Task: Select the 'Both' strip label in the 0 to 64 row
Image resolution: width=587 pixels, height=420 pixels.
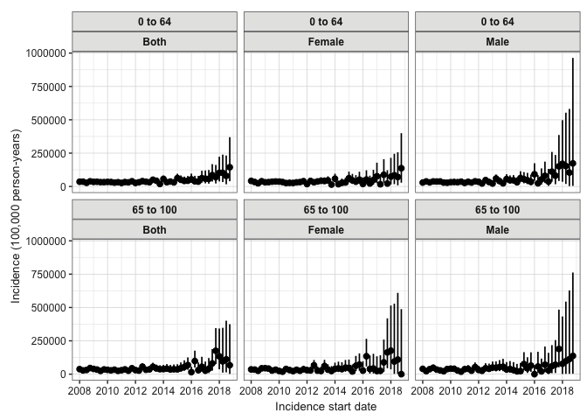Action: pyautogui.click(x=155, y=41)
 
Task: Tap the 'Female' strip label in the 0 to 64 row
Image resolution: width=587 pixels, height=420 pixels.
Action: pyautogui.click(x=326, y=41)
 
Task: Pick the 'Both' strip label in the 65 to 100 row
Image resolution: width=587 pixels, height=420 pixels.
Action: pyautogui.click(x=155, y=229)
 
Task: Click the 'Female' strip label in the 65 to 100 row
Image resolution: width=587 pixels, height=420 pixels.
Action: pyautogui.click(x=326, y=229)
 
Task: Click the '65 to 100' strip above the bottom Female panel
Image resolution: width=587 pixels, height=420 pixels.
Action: pyautogui.click(x=326, y=210)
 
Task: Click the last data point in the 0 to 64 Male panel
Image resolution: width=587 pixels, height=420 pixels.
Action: pyautogui.click(x=573, y=164)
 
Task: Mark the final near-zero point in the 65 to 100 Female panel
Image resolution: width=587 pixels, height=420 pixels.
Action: pyautogui.click(x=401, y=374)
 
